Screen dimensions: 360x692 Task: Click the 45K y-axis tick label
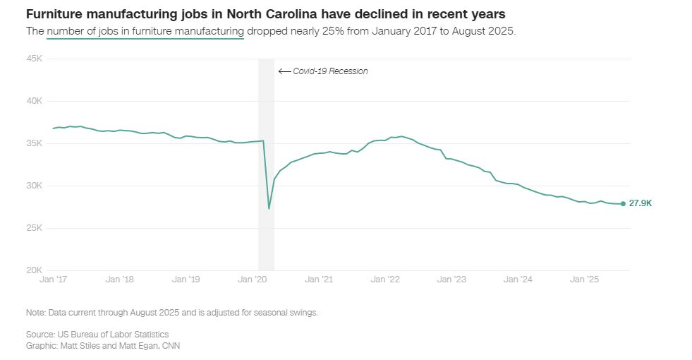[x=35, y=59]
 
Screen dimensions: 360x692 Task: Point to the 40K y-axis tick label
[x=35, y=101]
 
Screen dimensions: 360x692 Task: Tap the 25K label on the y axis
[x=35, y=228]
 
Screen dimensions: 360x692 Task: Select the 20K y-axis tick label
[x=35, y=270]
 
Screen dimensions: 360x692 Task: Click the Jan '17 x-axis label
[x=53, y=280]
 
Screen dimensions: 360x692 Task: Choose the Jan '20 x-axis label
[x=253, y=280]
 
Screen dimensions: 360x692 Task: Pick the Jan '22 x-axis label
[x=386, y=280]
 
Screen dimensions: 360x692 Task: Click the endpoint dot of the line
[x=622, y=204]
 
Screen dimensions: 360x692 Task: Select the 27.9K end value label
[x=641, y=203]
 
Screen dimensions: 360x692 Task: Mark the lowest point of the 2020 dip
[x=269, y=209]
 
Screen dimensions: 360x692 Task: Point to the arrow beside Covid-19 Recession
[x=284, y=71]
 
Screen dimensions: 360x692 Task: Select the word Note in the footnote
[x=35, y=312]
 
